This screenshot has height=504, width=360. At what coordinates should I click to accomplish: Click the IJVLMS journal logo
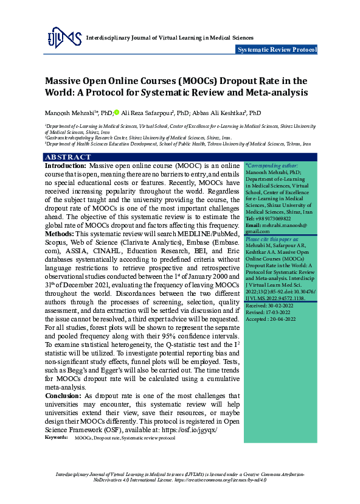coord(64,38)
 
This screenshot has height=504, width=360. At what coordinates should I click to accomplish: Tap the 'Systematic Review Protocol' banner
coord(277,50)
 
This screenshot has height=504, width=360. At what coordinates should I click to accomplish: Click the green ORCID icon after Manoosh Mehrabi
coord(117,113)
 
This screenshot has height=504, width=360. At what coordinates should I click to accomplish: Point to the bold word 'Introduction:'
coord(66,166)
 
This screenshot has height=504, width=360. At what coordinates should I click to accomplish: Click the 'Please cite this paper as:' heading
coord(272,240)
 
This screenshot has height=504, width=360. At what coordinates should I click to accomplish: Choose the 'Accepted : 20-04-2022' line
coord(271,320)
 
